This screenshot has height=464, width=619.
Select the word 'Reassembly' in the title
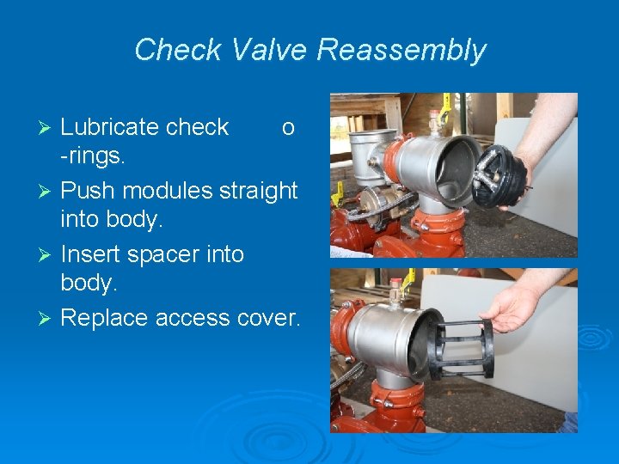401,50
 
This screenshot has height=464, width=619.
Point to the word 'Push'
87,191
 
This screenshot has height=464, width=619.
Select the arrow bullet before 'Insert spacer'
48,255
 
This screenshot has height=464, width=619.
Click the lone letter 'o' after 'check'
288,128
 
